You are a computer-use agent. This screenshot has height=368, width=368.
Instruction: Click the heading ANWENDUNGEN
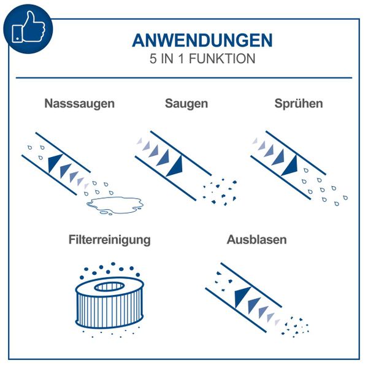[202, 40]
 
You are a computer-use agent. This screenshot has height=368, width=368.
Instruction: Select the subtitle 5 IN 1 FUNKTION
[202, 59]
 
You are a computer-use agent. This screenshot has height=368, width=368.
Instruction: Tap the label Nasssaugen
[79, 104]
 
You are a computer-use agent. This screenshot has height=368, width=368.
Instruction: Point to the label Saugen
[186, 104]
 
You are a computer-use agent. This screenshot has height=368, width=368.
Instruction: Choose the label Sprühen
[299, 104]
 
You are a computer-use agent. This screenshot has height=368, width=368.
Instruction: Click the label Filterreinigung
[110, 239]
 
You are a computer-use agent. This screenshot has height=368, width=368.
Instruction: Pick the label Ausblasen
[256, 239]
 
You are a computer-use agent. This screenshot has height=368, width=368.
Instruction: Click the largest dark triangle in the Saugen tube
[176, 164]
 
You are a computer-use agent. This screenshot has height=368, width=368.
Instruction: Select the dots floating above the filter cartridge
[109, 270]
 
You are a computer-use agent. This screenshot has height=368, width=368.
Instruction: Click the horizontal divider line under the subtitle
[184, 78]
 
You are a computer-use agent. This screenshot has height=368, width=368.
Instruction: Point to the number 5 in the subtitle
[153, 59]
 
